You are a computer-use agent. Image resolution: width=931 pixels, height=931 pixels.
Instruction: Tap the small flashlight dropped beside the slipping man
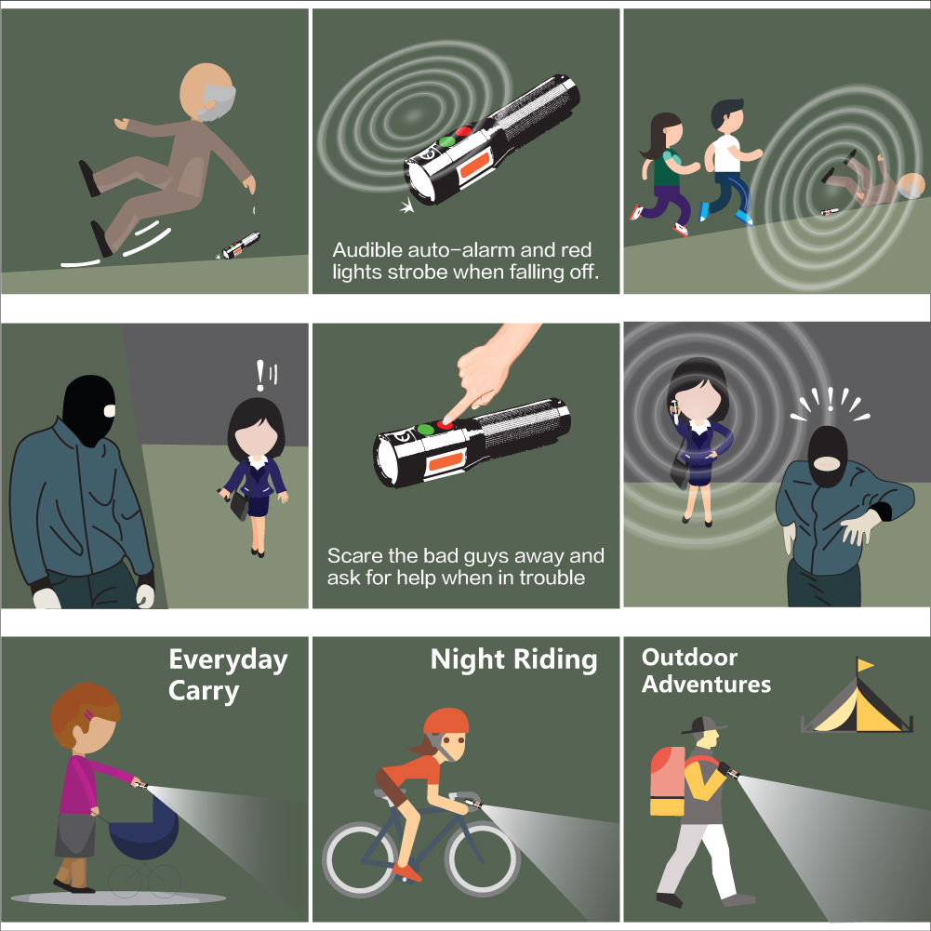tap(241, 245)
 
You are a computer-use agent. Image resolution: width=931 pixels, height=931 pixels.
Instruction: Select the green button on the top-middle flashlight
tap(446, 142)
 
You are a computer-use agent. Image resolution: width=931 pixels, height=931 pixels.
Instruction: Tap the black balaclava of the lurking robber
tap(89, 408)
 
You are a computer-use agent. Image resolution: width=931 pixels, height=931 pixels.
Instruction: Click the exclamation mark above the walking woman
tap(260, 375)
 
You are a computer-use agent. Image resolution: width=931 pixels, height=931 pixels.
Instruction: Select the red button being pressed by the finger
tap(445, 424)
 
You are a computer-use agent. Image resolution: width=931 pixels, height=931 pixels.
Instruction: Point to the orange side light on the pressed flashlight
tap(446, 461)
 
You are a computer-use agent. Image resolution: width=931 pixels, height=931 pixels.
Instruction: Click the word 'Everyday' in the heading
tap(228, 660)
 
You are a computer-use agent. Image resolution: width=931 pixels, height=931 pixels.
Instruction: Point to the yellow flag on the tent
tap(865, 664)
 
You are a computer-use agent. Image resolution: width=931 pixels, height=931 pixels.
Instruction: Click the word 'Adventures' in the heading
tap(706, 685)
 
